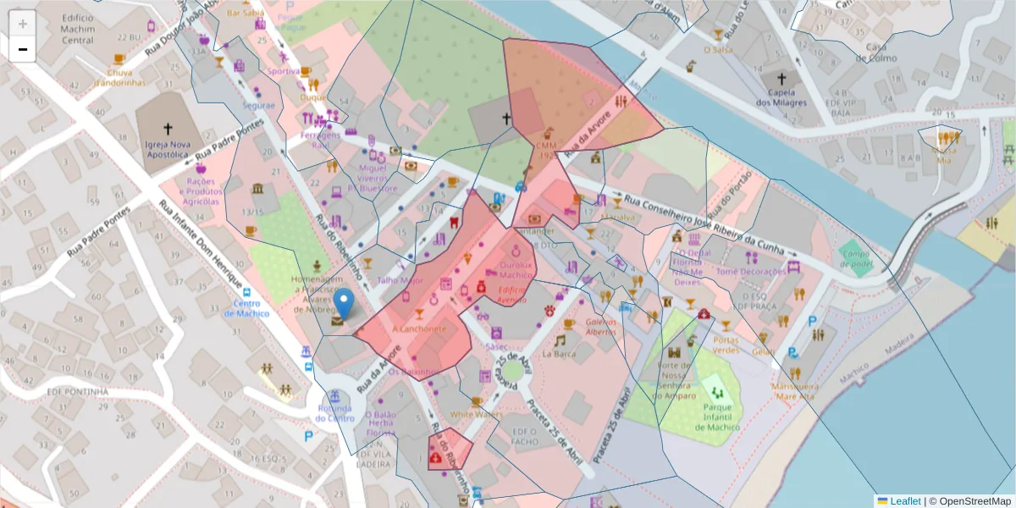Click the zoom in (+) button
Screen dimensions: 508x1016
click(x=23, y=23)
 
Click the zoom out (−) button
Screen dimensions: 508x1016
click(x=23, y=49)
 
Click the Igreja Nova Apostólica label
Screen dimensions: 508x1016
click(x=167, y=150)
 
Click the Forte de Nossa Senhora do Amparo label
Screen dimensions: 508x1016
click(x=681, y=381)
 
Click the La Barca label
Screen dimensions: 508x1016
click(x=560, y=353)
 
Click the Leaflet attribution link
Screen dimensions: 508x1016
click(x=905, y=501)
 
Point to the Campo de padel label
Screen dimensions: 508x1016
click(x=854, y=258)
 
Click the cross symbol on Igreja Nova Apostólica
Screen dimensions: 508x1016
click(x=168, y=129)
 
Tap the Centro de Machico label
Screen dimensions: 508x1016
click(x=251, y=308)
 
